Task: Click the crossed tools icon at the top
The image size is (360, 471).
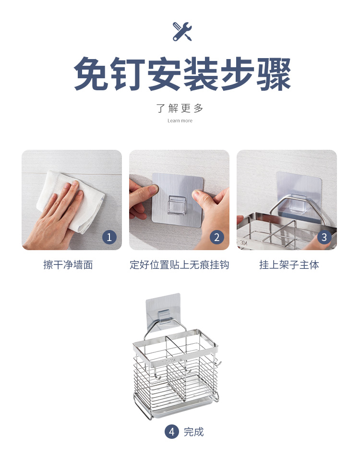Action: pyautogui.click(x=182, y=31)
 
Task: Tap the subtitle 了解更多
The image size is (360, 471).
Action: pyautogui.click(x=180, y=108)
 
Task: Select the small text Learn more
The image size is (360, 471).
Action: pyautogui.click(x=180, y=121)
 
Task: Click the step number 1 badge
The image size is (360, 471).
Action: pyautogui.click(x=109, y=237)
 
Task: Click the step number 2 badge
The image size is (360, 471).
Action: pyautogui.click(x=216, y=237)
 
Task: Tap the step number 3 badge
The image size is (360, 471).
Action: pyautogui.click(x=324, y=237)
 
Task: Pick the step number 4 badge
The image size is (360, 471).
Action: pyautogui.click(x=171, y=432)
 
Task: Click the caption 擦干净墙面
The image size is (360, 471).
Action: pyautogui.click(x=68, y=265)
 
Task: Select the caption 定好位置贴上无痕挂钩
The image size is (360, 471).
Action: pyautogui.click(x=179, y=265)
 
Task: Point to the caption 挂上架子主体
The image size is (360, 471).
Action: pyautogui.click(x=289, y=265)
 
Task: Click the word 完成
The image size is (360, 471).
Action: pyautogui.click(x=194, y=432)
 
